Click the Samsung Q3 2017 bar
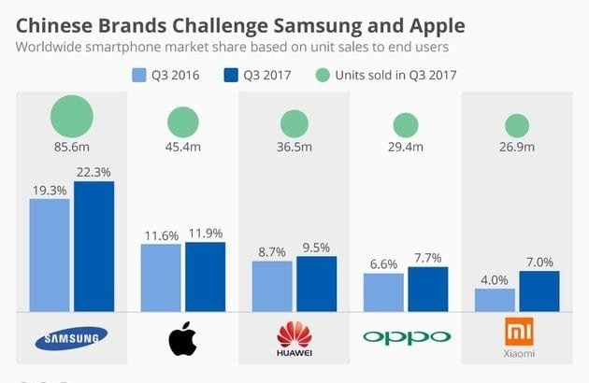tap(93, 247)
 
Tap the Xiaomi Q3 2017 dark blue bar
tap(539, 291)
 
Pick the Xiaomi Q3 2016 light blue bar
tap(495, 300)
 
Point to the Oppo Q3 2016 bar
tap(383, 292)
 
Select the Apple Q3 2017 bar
tap(205, 277)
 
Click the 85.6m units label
tap(72, 147)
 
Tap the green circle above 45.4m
tap(183, 121)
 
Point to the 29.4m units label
tap(406, 147)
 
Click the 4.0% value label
tap(495, 279)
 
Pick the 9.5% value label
tap(316, 247)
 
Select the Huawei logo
tap(294, 338)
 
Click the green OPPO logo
tap(406, 337)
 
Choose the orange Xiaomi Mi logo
tap(517, 332)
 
